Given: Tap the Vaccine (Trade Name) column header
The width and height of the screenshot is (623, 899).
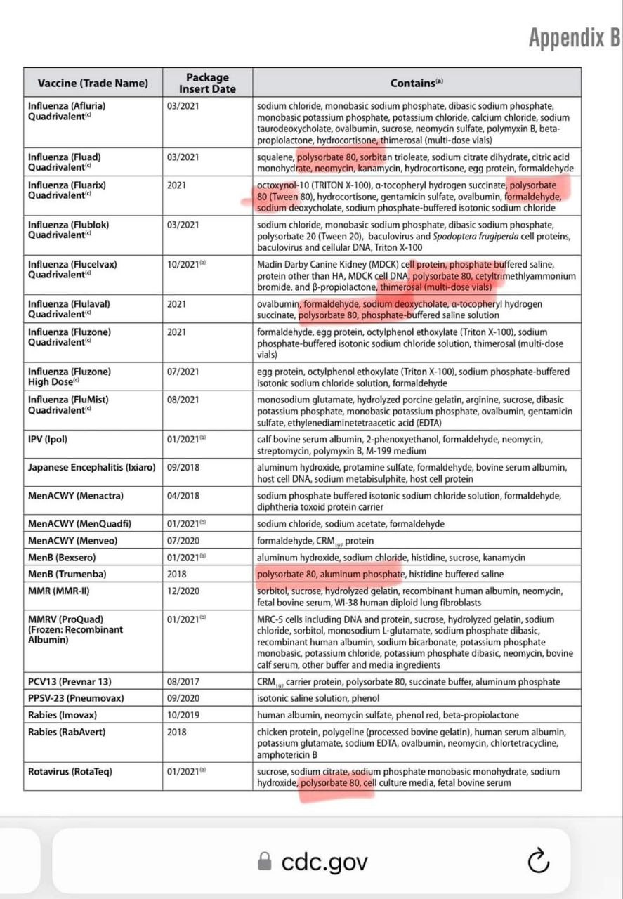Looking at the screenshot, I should (x=93, y=83).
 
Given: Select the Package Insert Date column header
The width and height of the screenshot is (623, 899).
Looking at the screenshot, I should (x=207, y=83).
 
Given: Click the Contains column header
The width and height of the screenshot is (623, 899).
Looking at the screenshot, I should (x=417, y=83).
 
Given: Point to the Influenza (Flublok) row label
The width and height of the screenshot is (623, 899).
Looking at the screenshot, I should (x=69, y=230).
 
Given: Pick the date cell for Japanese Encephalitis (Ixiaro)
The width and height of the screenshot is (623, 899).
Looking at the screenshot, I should (x=183, y=468).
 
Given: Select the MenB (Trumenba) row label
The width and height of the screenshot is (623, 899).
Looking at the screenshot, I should (x=67, y=575).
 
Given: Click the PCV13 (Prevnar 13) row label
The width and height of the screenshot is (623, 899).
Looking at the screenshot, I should (x=70, y=681).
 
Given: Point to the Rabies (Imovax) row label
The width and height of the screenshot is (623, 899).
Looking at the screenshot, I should (x=63, y=715).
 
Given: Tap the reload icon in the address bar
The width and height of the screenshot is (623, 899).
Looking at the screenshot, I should (x=537, y=861).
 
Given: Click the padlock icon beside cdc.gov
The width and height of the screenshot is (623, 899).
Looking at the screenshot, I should (x=265, y=862).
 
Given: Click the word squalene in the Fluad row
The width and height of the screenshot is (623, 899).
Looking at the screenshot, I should (x=275, y=157).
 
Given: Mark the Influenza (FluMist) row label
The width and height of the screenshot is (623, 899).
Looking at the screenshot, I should (x=69, y=405).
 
